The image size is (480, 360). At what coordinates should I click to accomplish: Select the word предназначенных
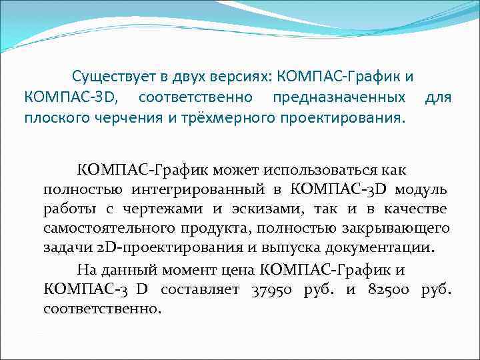[339, 98]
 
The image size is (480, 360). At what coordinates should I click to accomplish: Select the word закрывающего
[399, 229]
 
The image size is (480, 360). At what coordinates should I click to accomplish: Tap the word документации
[386, 248]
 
